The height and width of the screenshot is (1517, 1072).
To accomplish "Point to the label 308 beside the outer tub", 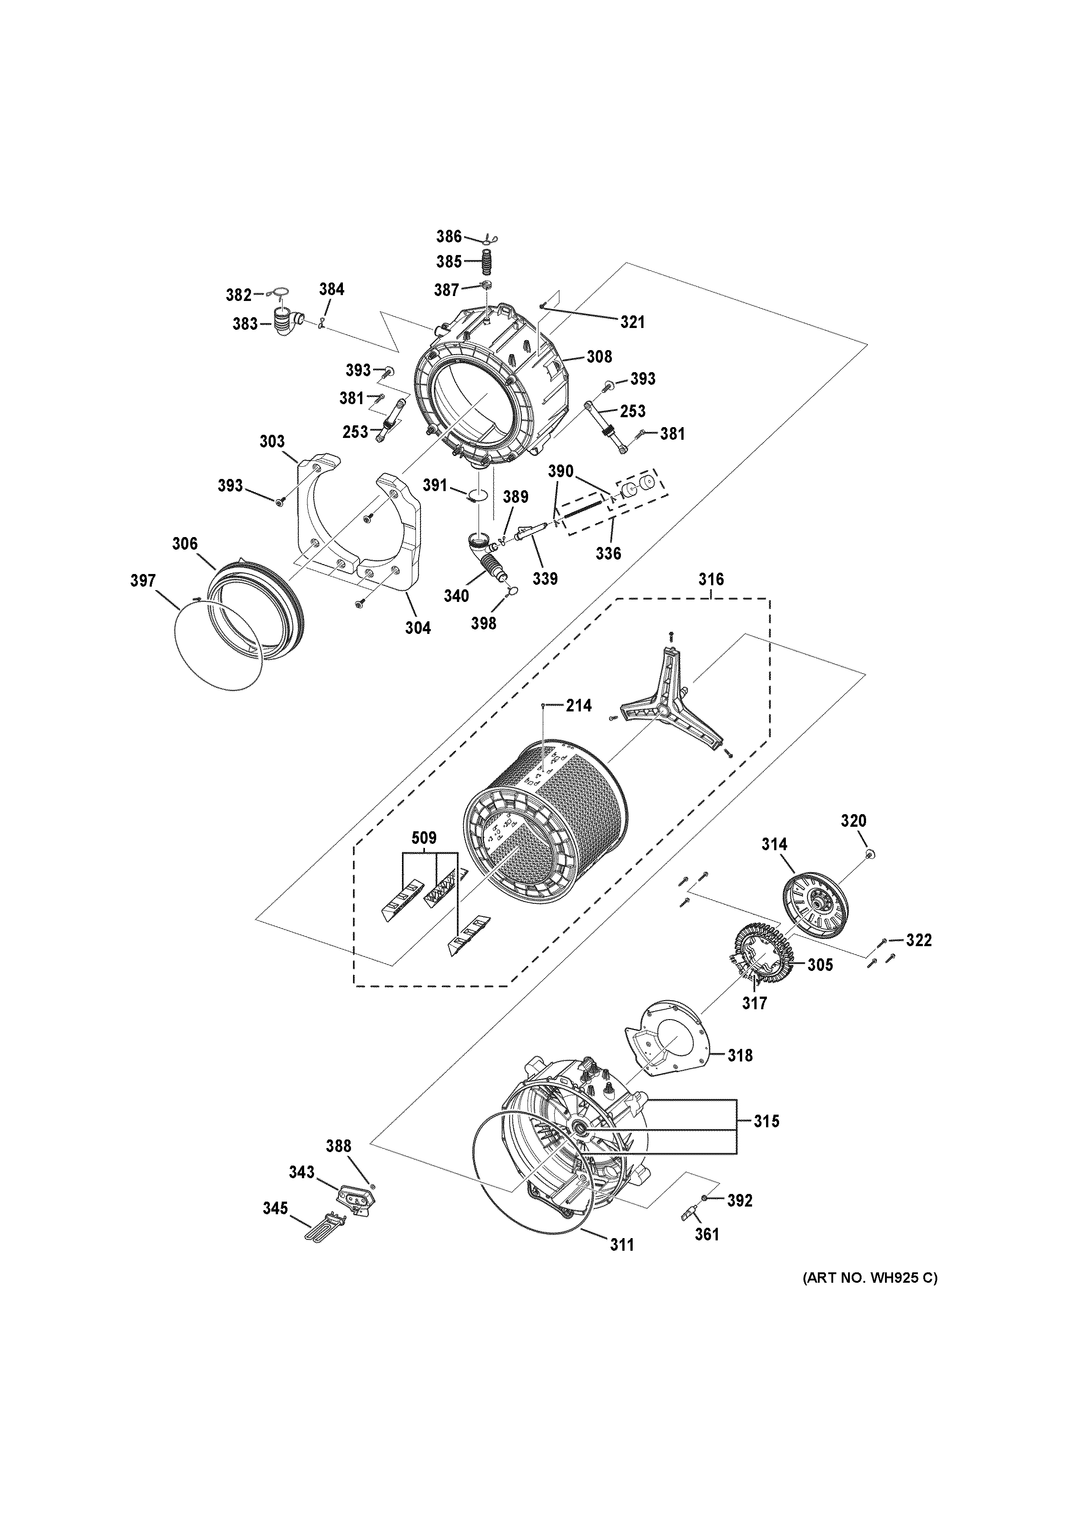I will (x=599, y=357).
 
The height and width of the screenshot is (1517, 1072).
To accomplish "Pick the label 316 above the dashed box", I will (x=711, y=579).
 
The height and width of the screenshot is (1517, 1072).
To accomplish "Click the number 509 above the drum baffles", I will (x=424, y=838).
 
